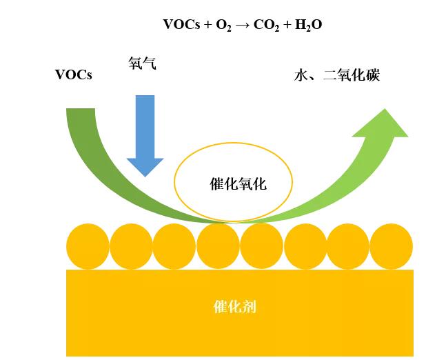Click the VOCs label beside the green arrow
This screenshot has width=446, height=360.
click(x=74, y=75)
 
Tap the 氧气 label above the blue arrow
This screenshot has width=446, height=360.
click(x=142, y=63)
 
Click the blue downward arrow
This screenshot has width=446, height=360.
click(x=145, y=134)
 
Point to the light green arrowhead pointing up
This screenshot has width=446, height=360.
click(x=383, y=128)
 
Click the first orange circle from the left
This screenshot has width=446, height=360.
click(x=88, y=246)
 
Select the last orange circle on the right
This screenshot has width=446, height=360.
click(x=392, y=246)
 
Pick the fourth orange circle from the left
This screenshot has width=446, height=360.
click(x=218, y=246)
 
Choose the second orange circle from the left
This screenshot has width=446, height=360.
click(x=131, y=246)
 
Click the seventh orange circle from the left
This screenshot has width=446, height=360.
click(x=348, y=246)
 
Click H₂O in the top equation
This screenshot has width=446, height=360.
click(x=308, y=26)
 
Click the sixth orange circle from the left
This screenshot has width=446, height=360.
click(x=305, y=246)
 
